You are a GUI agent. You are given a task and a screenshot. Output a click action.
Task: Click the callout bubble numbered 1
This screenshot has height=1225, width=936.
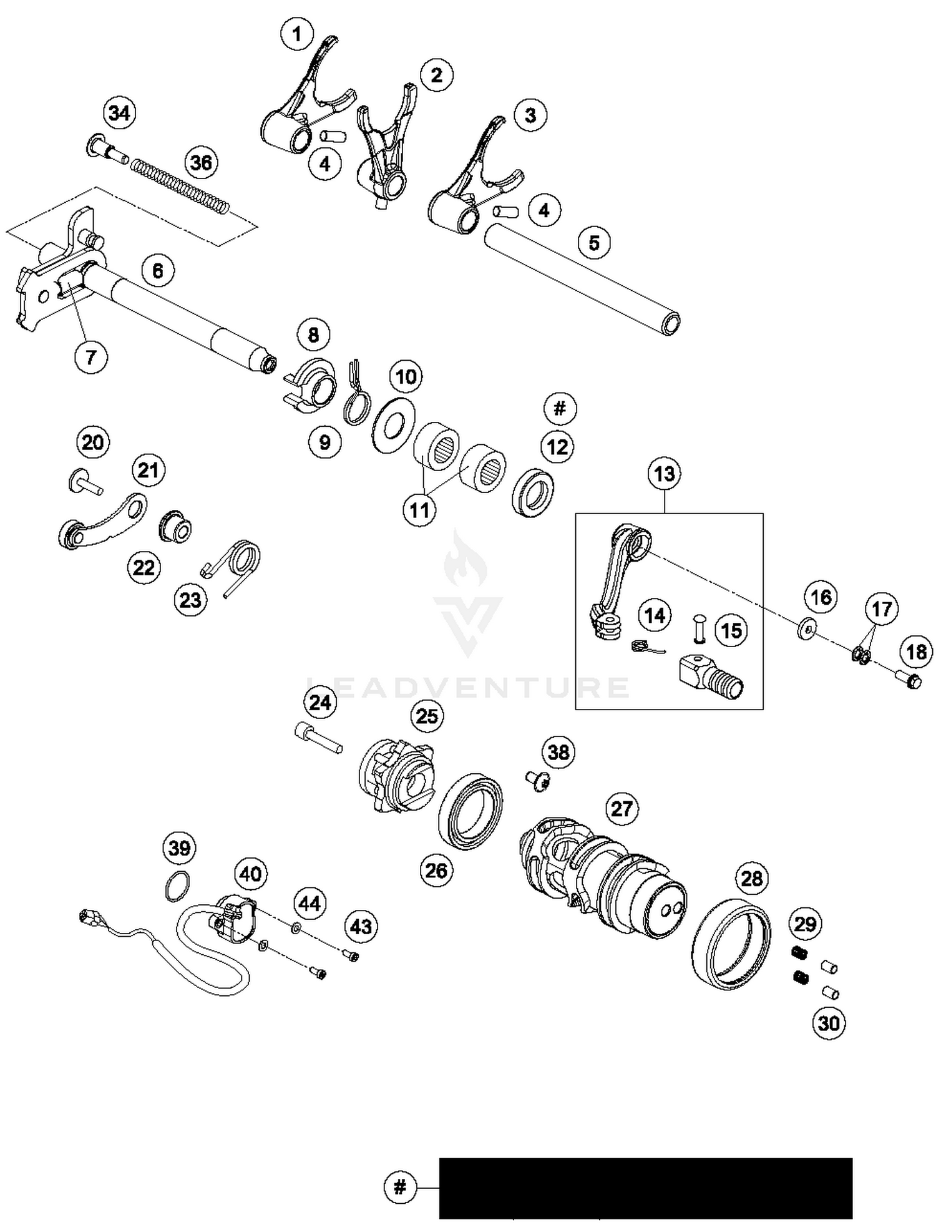(296, 34)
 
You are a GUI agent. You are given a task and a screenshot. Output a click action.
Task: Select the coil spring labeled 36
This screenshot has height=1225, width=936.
(181, 187)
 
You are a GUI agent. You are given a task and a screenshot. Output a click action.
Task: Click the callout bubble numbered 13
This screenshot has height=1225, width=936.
(664, 474)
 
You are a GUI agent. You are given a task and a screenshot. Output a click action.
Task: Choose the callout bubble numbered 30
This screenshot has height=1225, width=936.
(829, 1023)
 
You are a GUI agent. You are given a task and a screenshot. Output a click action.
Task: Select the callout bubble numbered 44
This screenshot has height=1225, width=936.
(310, 903)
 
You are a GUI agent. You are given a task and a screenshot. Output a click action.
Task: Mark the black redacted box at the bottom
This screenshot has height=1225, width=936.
(645, 1188)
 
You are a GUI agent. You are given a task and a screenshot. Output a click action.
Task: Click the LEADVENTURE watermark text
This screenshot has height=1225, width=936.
(468, 687)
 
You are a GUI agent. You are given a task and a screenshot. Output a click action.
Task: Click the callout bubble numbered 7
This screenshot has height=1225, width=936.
(91, 357)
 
